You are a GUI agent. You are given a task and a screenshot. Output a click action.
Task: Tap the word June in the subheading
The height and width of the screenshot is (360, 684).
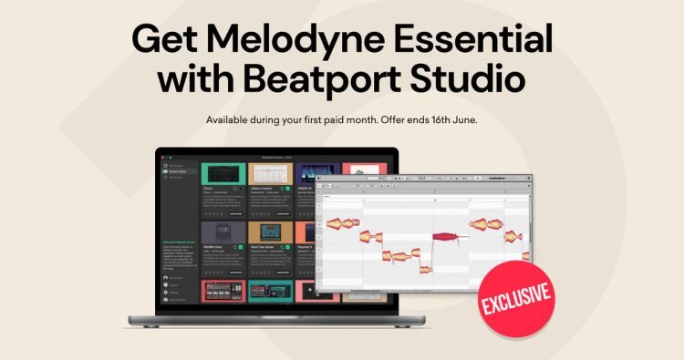(x=462, y=119)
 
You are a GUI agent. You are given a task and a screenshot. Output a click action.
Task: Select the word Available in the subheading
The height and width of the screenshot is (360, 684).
(x=232, y=119)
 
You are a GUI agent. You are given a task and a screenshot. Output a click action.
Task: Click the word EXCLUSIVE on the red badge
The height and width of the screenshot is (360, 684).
(x=517, y=294)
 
